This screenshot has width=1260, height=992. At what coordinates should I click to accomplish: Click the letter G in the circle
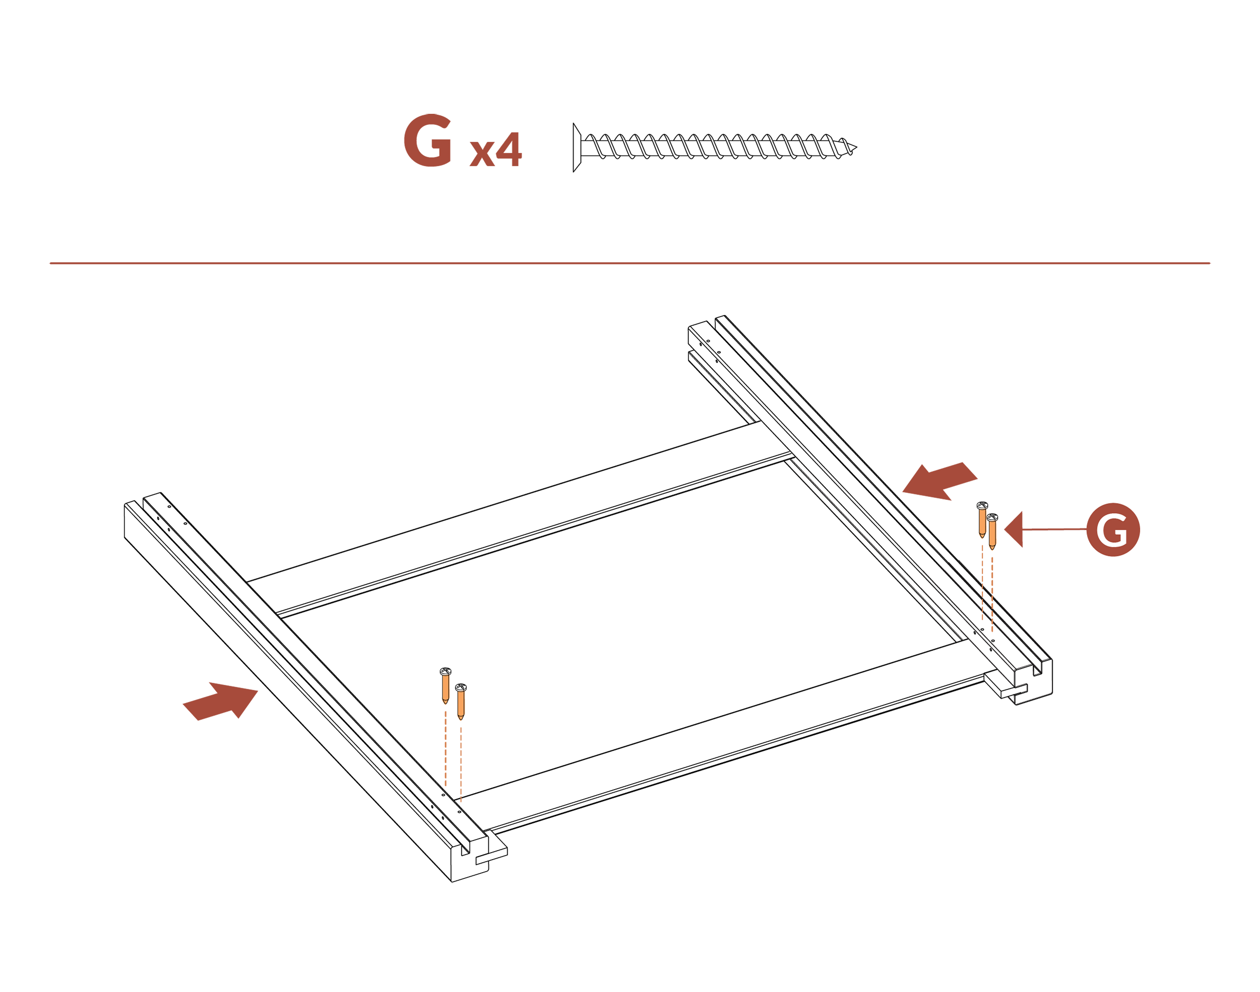click(1113, 530)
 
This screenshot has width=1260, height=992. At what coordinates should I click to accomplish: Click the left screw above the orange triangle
click(447, 689)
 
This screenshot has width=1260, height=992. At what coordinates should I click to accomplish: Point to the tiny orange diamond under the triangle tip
click(462, 802)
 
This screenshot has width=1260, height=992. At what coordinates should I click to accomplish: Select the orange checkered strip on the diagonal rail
click(988, 610)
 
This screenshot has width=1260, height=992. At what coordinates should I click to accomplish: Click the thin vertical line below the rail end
click(1014, 790)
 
